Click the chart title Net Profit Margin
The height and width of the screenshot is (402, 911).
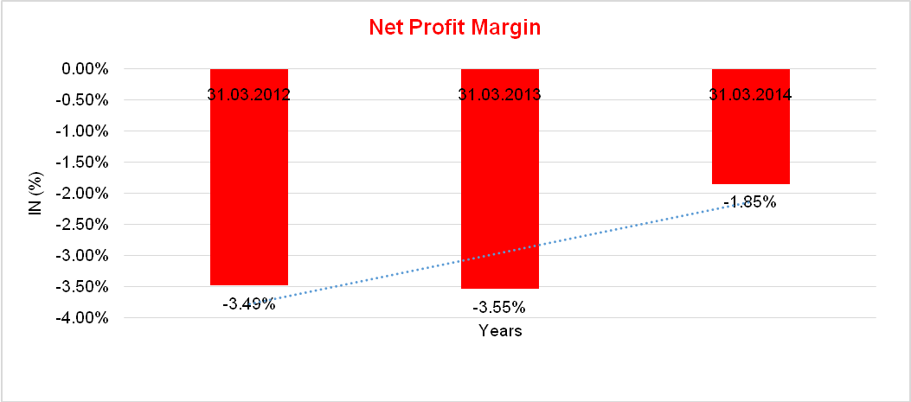[x=454, y=27]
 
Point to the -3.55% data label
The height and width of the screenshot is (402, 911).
[x=499, y=307]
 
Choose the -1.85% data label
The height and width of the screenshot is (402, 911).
[x=750, y=202]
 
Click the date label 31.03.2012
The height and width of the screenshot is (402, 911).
[x=248, y=94]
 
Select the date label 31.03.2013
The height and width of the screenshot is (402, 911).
[x=499, y=94]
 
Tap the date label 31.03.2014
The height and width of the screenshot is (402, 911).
[x=750, y=94]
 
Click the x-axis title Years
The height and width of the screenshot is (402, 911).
[x=500, y=331]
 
